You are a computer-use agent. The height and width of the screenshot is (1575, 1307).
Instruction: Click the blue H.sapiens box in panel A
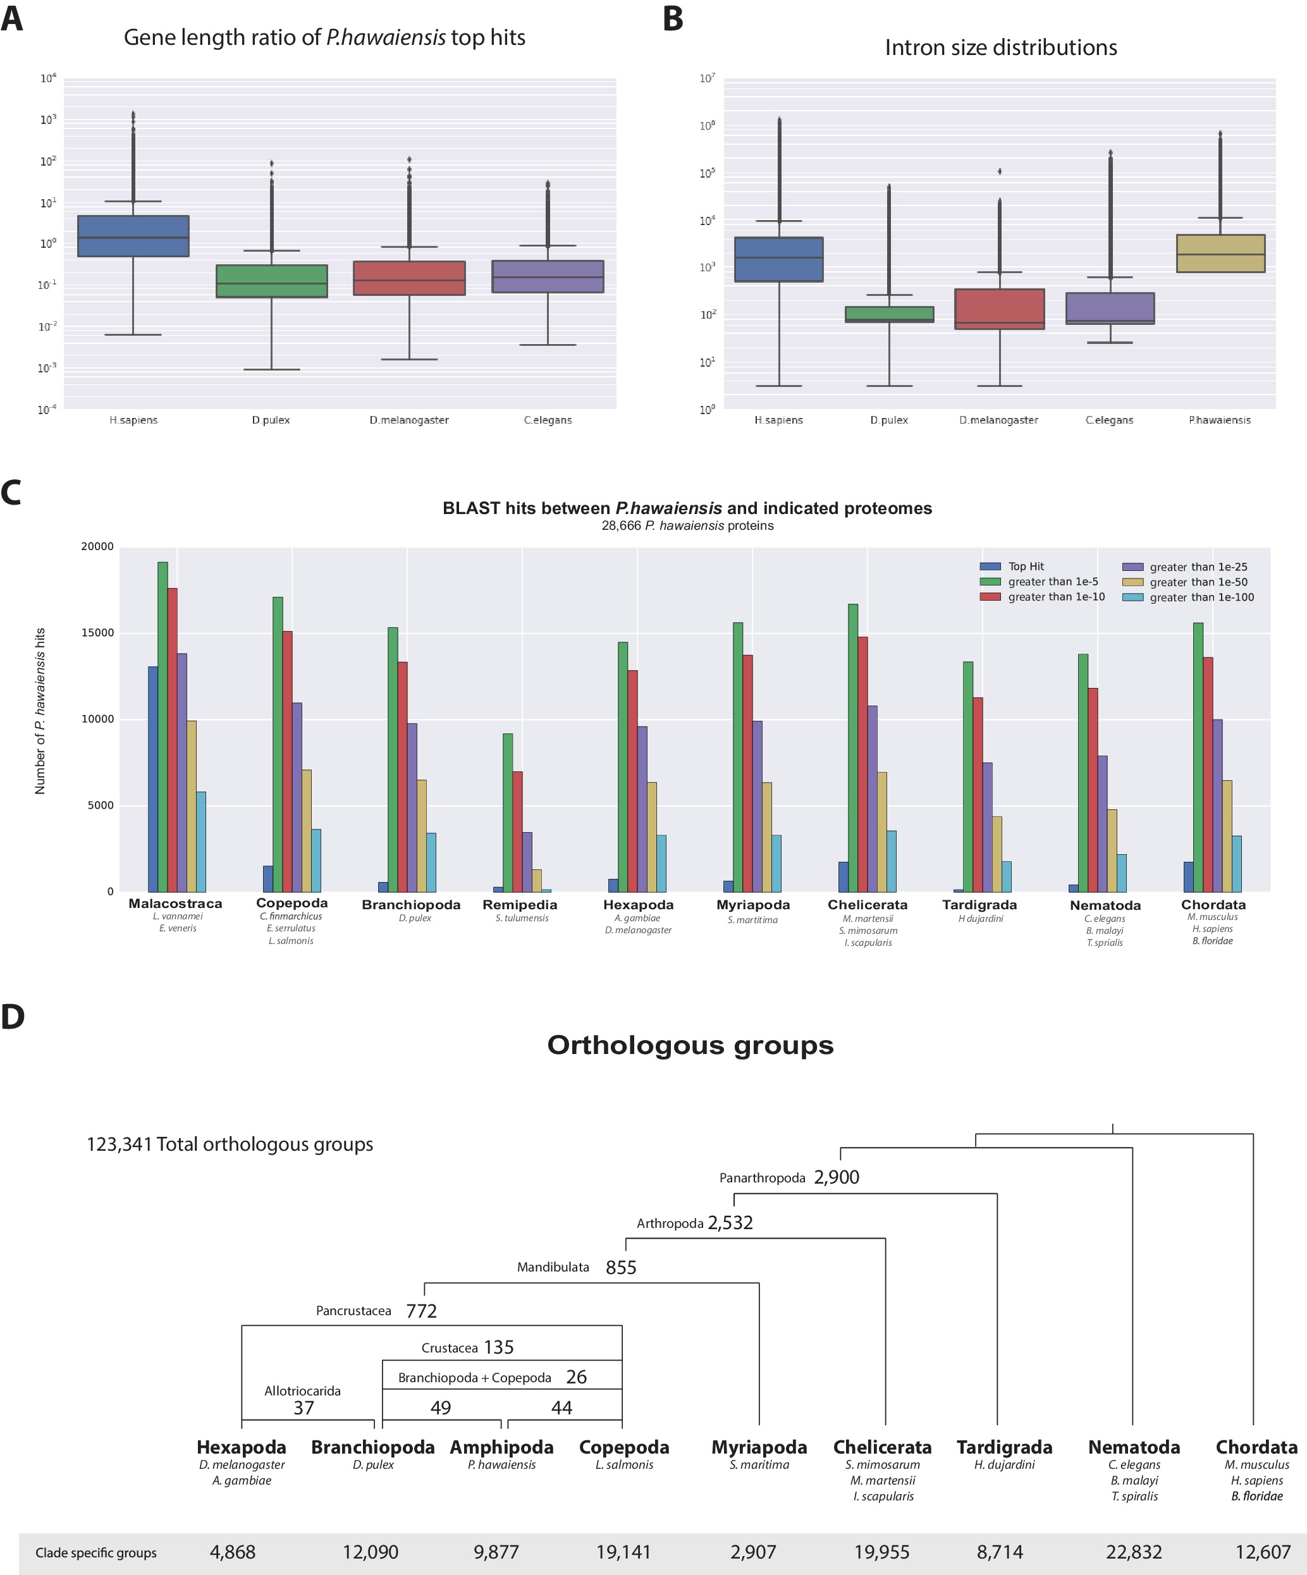133,236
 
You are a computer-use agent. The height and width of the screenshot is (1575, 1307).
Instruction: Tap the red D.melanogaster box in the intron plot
1000,309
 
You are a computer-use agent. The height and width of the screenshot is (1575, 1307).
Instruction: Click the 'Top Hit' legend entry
1025,567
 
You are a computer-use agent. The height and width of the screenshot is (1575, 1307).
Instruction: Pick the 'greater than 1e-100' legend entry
1201,598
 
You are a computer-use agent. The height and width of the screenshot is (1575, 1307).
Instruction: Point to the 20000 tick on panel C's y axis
97,547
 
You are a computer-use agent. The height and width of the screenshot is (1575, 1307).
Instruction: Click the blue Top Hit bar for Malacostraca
152,778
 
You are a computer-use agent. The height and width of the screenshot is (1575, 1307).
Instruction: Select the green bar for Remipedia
508,812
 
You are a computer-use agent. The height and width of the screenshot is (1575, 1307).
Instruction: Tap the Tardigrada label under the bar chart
979,905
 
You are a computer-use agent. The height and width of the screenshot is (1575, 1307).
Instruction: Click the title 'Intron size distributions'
1000,47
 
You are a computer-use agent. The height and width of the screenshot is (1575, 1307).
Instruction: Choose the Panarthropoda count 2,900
836,1177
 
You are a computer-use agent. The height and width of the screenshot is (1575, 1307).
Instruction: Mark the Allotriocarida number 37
304,1407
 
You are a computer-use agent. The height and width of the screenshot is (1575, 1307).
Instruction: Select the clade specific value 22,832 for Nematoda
1133,1551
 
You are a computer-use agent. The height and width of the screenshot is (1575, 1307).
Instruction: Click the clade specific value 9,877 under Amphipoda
496,1551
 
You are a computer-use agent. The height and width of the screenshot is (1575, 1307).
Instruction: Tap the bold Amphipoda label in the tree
501,1447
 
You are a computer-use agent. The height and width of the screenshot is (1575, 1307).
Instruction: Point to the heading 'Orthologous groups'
690,1045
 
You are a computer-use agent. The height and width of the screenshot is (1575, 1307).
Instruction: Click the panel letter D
13,1017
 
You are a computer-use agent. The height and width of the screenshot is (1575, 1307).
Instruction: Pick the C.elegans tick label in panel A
548,420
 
